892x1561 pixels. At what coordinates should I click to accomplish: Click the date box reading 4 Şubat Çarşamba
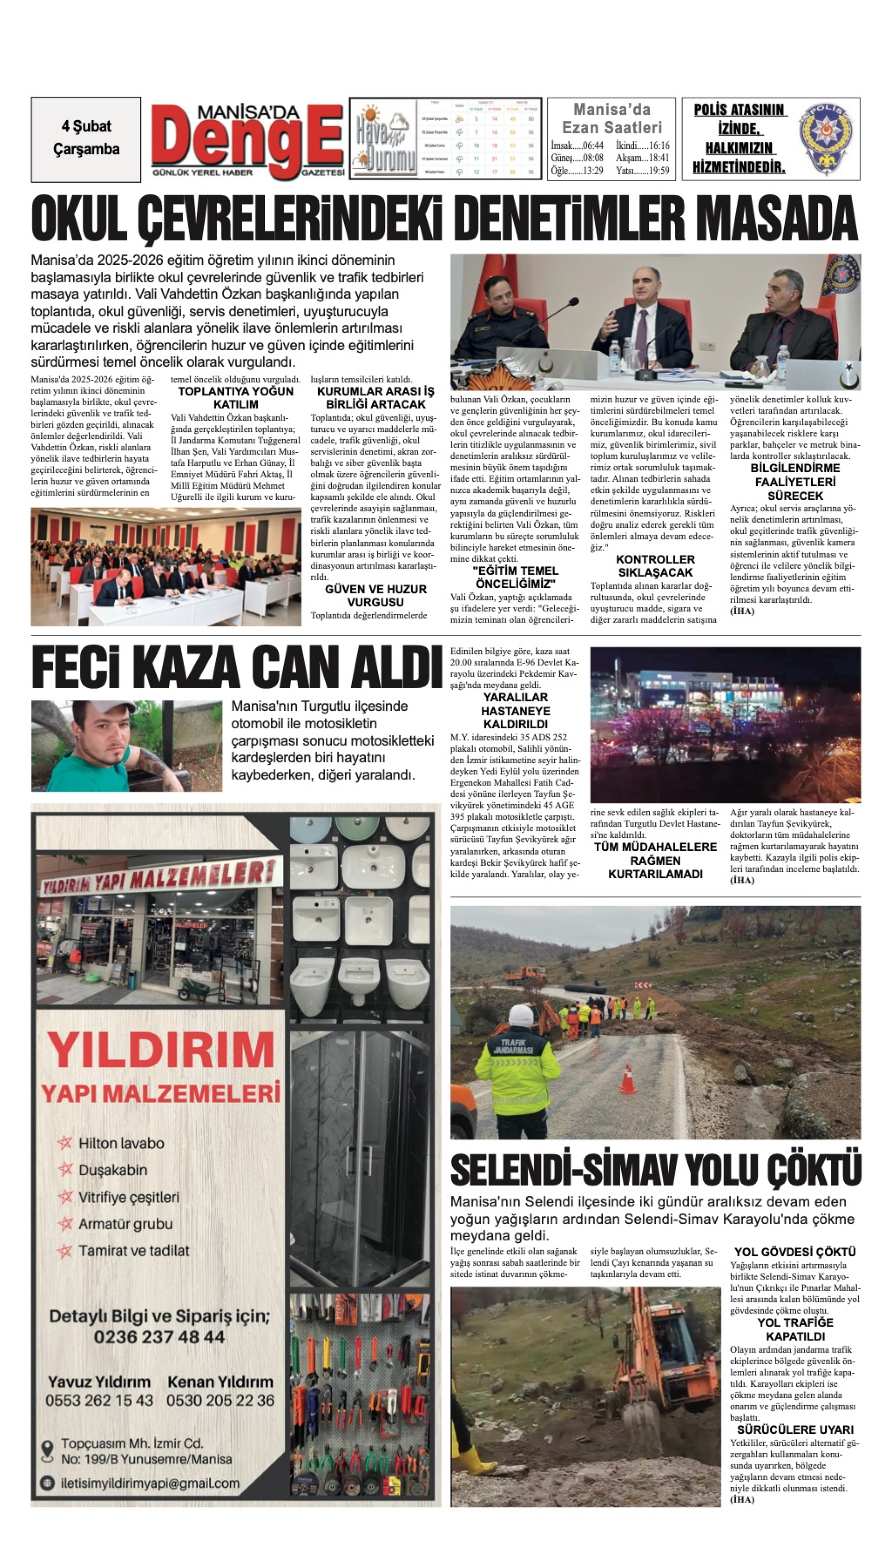pos(86,138)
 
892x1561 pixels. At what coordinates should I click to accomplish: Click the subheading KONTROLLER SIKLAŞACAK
pos(655,566)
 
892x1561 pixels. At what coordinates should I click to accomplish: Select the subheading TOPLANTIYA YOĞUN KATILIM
pos(236,398)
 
